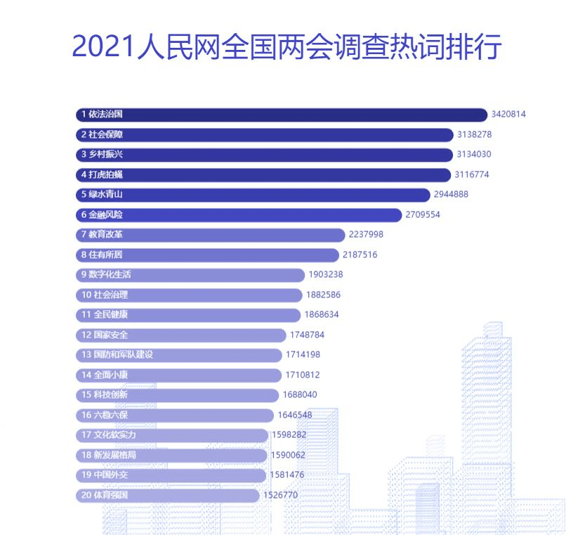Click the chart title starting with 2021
286,46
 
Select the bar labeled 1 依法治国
281,115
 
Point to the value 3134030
475,155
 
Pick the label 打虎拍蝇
106,174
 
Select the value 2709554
423,214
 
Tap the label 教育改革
106,235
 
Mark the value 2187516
360,254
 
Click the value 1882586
323,295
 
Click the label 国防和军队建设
123,355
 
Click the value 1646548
294,415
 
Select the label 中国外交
111,475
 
